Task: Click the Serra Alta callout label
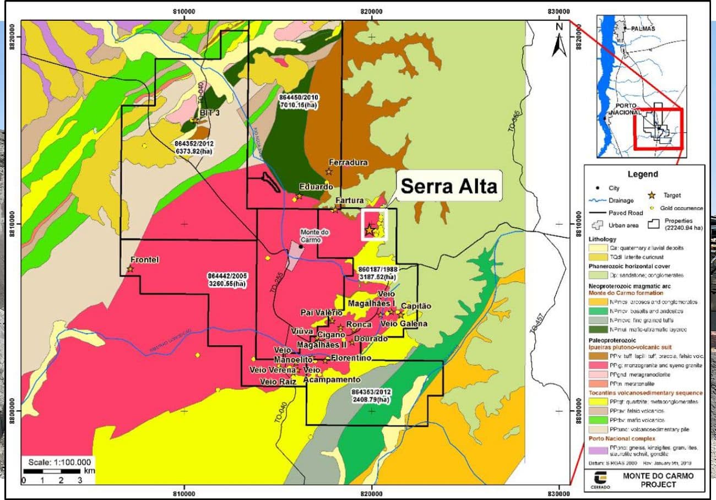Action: click(448, 186)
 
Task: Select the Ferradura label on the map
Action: click(348, 162)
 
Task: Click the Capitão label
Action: click(416, 306)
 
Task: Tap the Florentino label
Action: click(351, 358)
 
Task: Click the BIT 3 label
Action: click(210, 112)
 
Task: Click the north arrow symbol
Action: click(560, 41)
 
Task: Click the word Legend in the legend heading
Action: click(643, 174)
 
